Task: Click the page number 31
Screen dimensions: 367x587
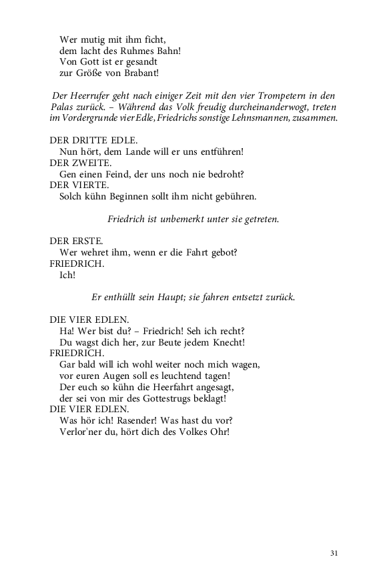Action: [x=334, y=553]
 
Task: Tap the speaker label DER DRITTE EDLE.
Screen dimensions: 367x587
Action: [x=93, y=140]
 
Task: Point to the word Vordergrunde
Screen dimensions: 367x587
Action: [x=89, y=118]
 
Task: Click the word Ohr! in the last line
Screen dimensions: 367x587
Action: [x=219, y=432]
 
